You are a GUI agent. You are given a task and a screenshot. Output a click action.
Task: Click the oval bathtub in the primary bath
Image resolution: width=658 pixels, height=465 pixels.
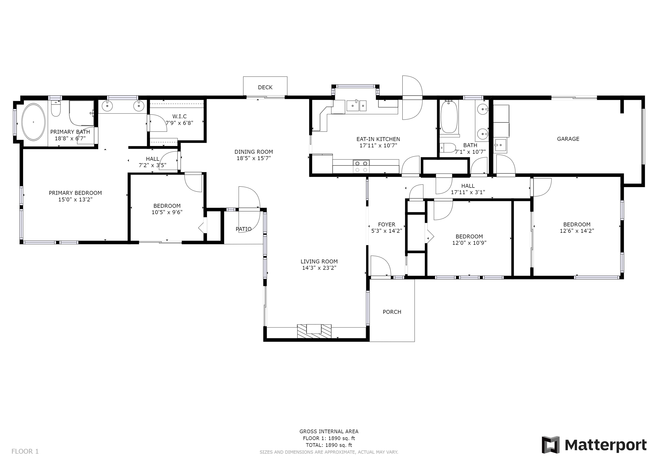click(34, 122)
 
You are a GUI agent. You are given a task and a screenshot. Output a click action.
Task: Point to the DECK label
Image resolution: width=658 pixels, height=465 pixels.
click(265, 87)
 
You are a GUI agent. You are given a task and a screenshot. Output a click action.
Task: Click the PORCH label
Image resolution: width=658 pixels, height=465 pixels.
click(392, 312)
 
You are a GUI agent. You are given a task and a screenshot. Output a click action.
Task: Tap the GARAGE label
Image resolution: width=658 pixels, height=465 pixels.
click(568, 139)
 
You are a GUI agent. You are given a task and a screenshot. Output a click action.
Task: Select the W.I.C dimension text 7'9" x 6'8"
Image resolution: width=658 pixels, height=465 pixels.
click(179, 123)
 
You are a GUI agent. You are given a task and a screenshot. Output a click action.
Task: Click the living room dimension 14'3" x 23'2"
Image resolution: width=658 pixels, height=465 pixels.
click(319, 268)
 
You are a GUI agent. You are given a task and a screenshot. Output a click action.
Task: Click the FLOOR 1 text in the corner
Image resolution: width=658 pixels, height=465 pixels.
click(25, 452)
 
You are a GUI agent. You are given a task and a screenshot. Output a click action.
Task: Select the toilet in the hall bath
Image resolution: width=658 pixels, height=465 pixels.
click(448, 148)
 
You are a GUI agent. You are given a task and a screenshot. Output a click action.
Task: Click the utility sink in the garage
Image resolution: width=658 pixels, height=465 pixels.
click(500, 146)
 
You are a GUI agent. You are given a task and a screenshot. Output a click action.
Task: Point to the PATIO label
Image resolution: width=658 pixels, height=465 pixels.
click(244, 229)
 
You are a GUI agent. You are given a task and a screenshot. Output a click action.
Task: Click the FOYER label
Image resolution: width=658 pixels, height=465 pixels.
click(387, 224)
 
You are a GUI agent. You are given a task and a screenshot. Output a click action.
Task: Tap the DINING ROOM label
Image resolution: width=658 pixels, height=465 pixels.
click(254, 152)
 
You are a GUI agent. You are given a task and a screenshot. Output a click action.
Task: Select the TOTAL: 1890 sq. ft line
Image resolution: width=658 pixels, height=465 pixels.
click(329, 445)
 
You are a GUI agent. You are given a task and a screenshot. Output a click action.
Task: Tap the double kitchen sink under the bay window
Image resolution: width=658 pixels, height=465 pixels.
click(356, 106)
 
